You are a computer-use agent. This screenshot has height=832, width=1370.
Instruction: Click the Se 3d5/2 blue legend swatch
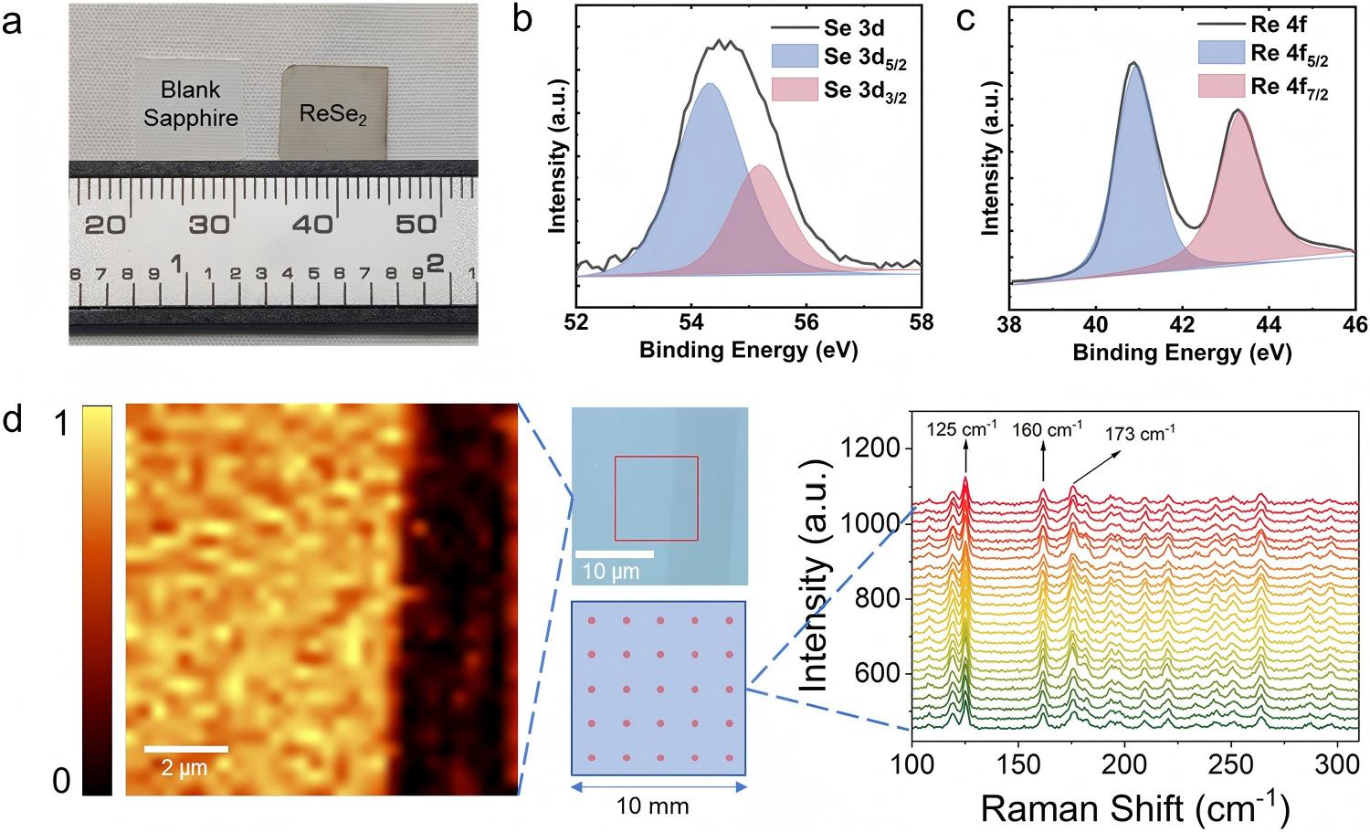(x=795, y=56)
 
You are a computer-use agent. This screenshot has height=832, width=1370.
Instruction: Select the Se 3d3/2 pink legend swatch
(x=795, y=89)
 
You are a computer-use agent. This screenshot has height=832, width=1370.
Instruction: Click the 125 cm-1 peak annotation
(x=962, y=429)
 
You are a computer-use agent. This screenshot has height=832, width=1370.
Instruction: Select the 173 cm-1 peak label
(x=1140, y=434)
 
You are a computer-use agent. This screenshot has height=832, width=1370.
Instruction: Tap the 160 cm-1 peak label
(x=1047, y=429)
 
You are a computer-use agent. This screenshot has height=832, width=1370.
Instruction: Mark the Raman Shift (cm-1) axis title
(x=1135, y=808)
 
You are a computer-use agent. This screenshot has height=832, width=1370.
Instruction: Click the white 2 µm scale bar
(x=186, y=749)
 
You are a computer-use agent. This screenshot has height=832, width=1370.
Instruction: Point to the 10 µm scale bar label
(x=610, y=572)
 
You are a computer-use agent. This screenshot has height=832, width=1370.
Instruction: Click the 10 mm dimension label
(x=652, y=806)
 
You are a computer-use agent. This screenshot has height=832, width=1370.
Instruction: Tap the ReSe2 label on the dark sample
(x=333, y=113)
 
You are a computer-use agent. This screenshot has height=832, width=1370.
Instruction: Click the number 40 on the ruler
(x=312, y=225)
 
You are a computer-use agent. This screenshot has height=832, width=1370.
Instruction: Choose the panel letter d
(x=14, y=422)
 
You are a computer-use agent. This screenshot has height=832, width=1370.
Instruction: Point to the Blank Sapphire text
(x=191, y=103)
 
